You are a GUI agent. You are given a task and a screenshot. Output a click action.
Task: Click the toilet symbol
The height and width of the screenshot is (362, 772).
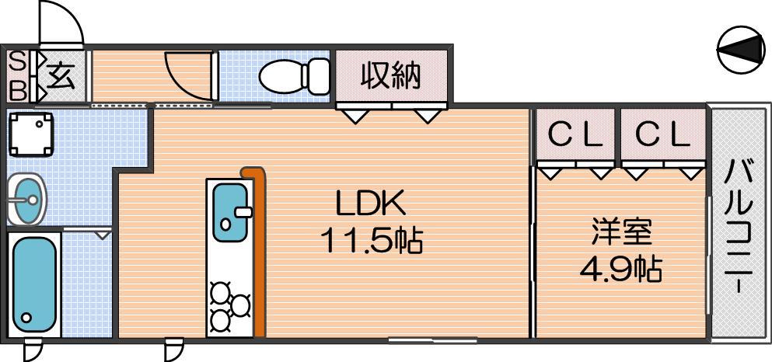pos(294,75)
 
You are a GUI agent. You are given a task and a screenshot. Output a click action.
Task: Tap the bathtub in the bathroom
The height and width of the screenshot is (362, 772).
pos(34,285)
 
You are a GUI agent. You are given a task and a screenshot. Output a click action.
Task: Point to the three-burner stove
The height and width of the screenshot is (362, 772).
pos(230,306)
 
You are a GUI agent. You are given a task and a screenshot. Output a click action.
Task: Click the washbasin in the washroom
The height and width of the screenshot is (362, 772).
pos(26,199)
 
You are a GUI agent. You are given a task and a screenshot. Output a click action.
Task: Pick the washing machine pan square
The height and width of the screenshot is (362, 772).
pos(31,134)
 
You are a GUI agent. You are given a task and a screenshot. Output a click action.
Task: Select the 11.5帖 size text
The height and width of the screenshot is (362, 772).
pos(372,241)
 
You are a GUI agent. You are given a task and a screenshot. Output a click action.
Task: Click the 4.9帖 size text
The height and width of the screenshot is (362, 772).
pos(620,268)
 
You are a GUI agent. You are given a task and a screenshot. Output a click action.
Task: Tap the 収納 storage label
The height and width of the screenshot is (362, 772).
pos(391,76)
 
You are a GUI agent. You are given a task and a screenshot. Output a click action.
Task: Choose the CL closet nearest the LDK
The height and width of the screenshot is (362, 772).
pos(575,135)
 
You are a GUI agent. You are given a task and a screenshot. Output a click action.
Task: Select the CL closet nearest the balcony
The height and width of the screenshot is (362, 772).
pos(662,135)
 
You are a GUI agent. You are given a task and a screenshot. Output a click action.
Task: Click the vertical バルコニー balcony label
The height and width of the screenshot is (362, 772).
pos(739,225)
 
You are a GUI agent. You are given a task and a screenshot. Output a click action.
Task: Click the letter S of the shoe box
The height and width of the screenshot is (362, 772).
pos(17,62)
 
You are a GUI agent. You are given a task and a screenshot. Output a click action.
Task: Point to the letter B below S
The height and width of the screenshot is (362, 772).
pos(17,90)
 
